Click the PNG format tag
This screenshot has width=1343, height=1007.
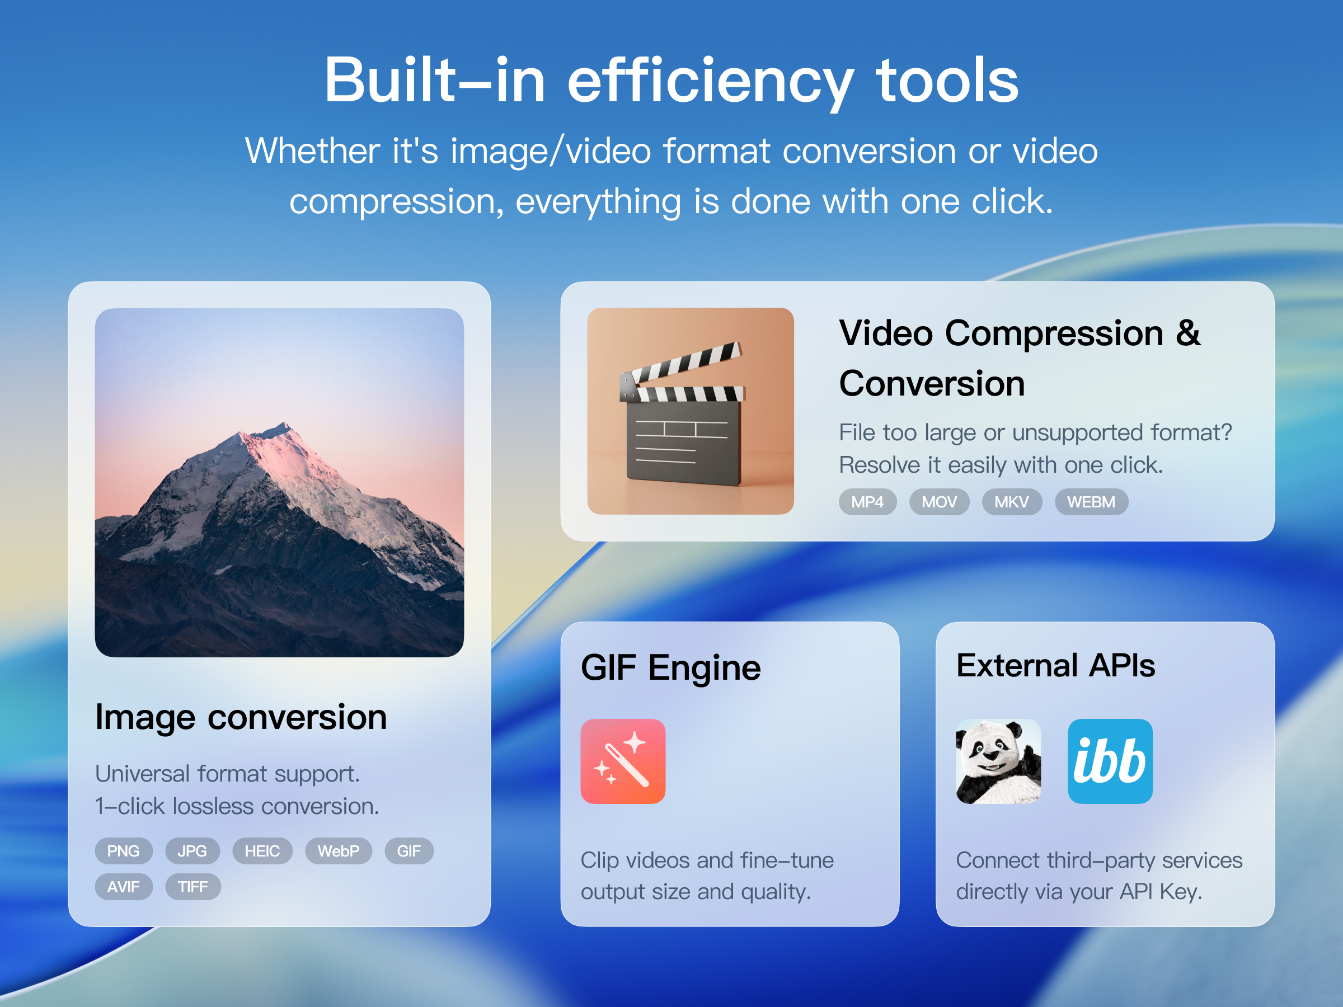pyautogui.click(x=123, y=851)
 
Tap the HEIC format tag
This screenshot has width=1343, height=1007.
pyautogui.click(x=262, y=851)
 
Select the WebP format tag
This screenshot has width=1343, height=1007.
pyautogui.click(x=338, y=851)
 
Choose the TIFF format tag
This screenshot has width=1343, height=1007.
pyautogui.click(x=192, y=887)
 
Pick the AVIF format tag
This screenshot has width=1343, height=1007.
pyautogui.click(x=123, y=887)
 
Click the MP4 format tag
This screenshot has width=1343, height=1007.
pyautogui.click(x=867, y=502)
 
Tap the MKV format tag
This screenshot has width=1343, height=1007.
pyautogui.click(x=1012, y=502)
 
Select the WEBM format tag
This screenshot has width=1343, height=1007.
pyautogui.click(x=1091, y=502)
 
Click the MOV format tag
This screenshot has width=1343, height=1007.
pyautogui.click(x=938, y=502)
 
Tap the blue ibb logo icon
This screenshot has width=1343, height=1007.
pyautogui.click(x=1110, y=761)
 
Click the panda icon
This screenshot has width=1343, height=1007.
pyautogui.click(x=998, y=761)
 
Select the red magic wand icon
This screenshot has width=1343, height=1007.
pyautogui.click(x=623, y=761)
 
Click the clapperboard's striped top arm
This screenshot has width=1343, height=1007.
pyautogui.click(x=686, y=363)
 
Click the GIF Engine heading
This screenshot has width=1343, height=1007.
pyautogui.click(x=670, y=667)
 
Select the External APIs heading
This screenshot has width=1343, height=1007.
pyautogui.click(x=1055, y=665)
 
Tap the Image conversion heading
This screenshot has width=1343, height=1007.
pyautogui.click(x=241, y=717)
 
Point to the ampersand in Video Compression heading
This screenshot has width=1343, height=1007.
pyautogui.click(x=1187, y=333)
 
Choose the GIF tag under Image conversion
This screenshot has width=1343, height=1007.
pyautogui.click(x=408, y=851)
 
